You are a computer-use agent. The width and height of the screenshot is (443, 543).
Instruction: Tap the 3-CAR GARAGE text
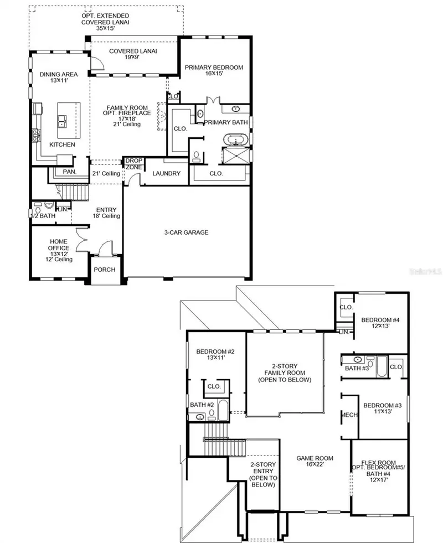(x=187, y=232)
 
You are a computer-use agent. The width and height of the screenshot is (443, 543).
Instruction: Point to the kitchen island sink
(x=62, y=121)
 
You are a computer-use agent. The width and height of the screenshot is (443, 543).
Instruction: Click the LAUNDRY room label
(x=166, y=173)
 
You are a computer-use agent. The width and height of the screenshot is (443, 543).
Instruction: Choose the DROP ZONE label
(x=133, y=164)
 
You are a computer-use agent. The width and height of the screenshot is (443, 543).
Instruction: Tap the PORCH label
(x=105, y=270)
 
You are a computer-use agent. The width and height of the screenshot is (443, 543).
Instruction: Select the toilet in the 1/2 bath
(x=38, y=210)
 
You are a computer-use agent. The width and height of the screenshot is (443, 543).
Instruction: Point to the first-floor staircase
(x=73, y=192)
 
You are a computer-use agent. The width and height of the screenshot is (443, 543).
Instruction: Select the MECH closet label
(x=349, y=415)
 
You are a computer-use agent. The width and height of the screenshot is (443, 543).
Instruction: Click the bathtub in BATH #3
(x=382, y=366)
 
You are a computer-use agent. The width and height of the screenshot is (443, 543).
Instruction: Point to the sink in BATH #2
(x=200, y=417)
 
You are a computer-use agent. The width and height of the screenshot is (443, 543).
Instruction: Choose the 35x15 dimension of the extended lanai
(x=105, y=28)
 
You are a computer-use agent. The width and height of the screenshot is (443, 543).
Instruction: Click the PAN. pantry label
(x=70, y=172)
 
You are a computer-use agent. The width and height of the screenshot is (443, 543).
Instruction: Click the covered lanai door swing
(x=97, y=63)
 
